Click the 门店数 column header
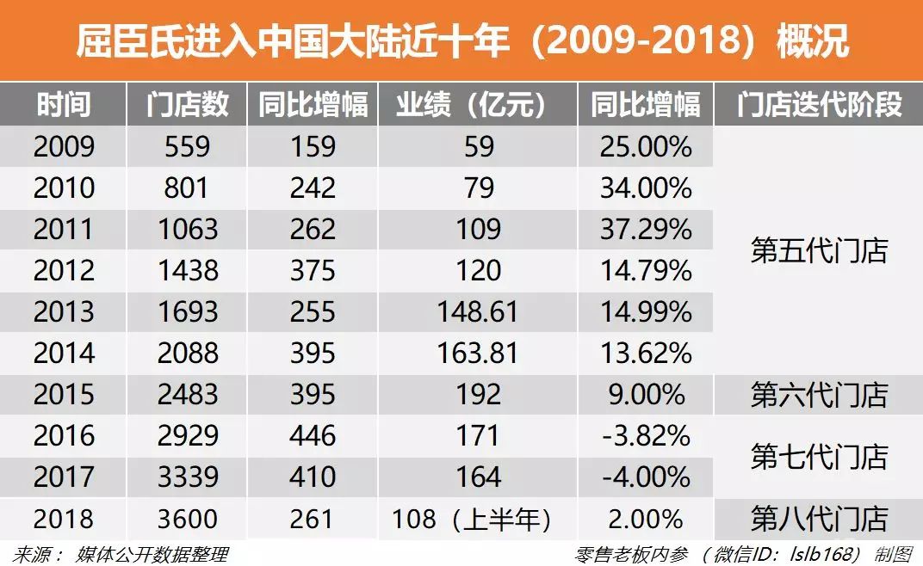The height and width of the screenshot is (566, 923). tap(187, 105)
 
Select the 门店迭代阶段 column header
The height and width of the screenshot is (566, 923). tap(818, 105)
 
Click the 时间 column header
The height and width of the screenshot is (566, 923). tap(64, 105)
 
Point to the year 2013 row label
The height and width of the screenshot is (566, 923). tap(64, 312)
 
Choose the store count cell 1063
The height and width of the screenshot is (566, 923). tap(187, 230)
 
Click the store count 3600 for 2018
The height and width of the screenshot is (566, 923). tap(187, 520)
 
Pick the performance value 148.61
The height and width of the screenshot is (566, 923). tap(478, 312)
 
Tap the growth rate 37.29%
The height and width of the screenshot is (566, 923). tap(646, 230)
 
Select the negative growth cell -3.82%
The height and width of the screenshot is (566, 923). tap(646, 436)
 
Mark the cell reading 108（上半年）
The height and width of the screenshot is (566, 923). tap(471, 520)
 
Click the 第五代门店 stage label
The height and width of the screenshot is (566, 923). tap(818, 251)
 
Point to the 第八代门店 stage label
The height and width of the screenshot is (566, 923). tap(818, 520)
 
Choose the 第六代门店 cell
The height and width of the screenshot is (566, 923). tap(818, 396)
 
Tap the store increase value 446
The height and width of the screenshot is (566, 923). tap(313, 436)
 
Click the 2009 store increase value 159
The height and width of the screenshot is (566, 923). tap(313, 146)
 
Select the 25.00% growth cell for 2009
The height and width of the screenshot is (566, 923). tap(646, 146)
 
